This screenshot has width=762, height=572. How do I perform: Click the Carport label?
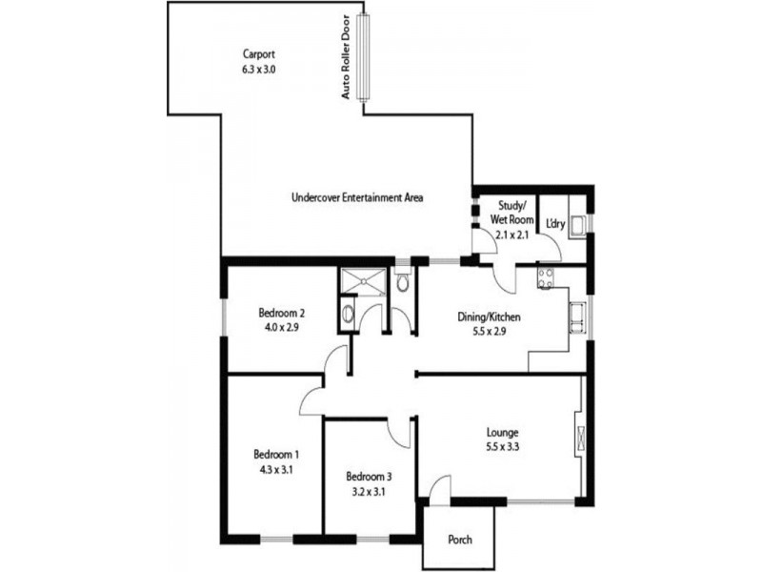click(x=259, y=54)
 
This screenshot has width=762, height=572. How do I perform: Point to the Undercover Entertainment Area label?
click(x=357, y=198)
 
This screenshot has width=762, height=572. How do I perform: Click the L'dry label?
click(x=555, y=225)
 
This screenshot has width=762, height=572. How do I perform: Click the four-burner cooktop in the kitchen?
click(x=547, y=278)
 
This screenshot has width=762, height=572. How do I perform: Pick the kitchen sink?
click(x=577, y=316)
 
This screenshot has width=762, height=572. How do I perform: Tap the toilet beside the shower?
click(x=402, y=283)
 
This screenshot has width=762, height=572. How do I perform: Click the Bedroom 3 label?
click(x=369, y=477)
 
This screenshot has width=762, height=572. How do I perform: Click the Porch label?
click(x=460, y=540)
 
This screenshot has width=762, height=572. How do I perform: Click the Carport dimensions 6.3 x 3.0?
click(x=259, y=70)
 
